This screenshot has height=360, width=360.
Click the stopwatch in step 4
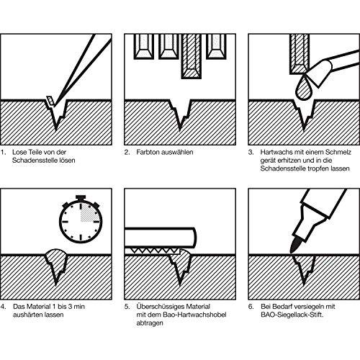tap(81, 220)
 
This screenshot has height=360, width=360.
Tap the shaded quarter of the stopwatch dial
tap(90, 212)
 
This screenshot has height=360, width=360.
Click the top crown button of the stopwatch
tap(81, 197)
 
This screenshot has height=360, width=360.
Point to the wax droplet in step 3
tap(304, 88)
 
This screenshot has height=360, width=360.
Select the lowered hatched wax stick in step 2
tap(192, 56)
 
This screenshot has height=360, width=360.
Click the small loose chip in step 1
tap(50, 101)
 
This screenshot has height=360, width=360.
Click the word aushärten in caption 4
tap(27, 315)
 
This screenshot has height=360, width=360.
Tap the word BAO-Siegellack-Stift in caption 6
tap(292, 315)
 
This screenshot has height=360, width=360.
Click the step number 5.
tap(127, 307)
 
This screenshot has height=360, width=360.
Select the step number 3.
tap(251, 152)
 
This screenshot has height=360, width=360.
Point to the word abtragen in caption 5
tap(150, 323)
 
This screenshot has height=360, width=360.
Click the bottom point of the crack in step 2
tap(180, 130)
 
